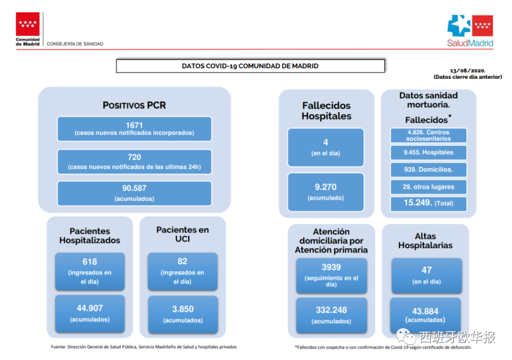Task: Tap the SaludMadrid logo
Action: [x=470, y=30]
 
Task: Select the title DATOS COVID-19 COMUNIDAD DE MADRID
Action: [x=250, y=66]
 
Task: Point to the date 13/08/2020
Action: [x=467, y=70]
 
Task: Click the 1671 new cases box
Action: [x=134, y=129]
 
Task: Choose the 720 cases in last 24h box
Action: [x=134, y=161]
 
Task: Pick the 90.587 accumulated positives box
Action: [x=134, y=193]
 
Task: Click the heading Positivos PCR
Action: [x=134, y=105]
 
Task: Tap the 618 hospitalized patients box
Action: [x=90, y=271]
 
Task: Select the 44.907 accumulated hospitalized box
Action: [x=90, y=313]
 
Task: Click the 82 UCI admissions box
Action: [x=183, y=271]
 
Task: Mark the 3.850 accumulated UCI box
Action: [x=183, y=314]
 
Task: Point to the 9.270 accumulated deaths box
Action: [x=326, y=192]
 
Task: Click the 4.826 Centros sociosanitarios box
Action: [x=428, y=136]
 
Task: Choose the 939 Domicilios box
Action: [x=428, y=169]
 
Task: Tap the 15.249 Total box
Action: [x=428, y=203]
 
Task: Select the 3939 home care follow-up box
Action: [x=331, y=275]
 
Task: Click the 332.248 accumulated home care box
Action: [x=331, y=315]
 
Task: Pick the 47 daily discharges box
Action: [x=427, y=275]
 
